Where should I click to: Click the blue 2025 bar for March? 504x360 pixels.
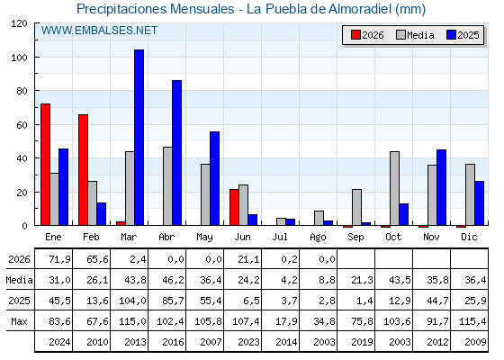(139, 138)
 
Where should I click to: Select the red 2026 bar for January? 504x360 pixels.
(45, 165)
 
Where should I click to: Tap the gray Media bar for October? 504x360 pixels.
(395, 188)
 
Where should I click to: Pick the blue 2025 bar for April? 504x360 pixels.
(176, 153)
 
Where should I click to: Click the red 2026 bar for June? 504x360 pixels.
(234, 207)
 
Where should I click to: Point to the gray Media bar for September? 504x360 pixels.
(356, 207)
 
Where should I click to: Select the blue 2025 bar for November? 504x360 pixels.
(441, 187)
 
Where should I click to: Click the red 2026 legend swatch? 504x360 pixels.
(355, 35)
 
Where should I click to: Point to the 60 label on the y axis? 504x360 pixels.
(22, 125)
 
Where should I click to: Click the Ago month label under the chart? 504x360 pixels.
(319, 238)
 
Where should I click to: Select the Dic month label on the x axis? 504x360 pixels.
(469, 237)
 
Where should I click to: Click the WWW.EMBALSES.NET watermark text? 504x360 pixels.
(99, 31)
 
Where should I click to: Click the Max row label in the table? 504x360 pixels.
(19, 321)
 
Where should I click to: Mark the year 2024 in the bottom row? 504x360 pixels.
(59, 342)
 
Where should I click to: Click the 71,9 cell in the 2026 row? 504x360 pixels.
(60, 259)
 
